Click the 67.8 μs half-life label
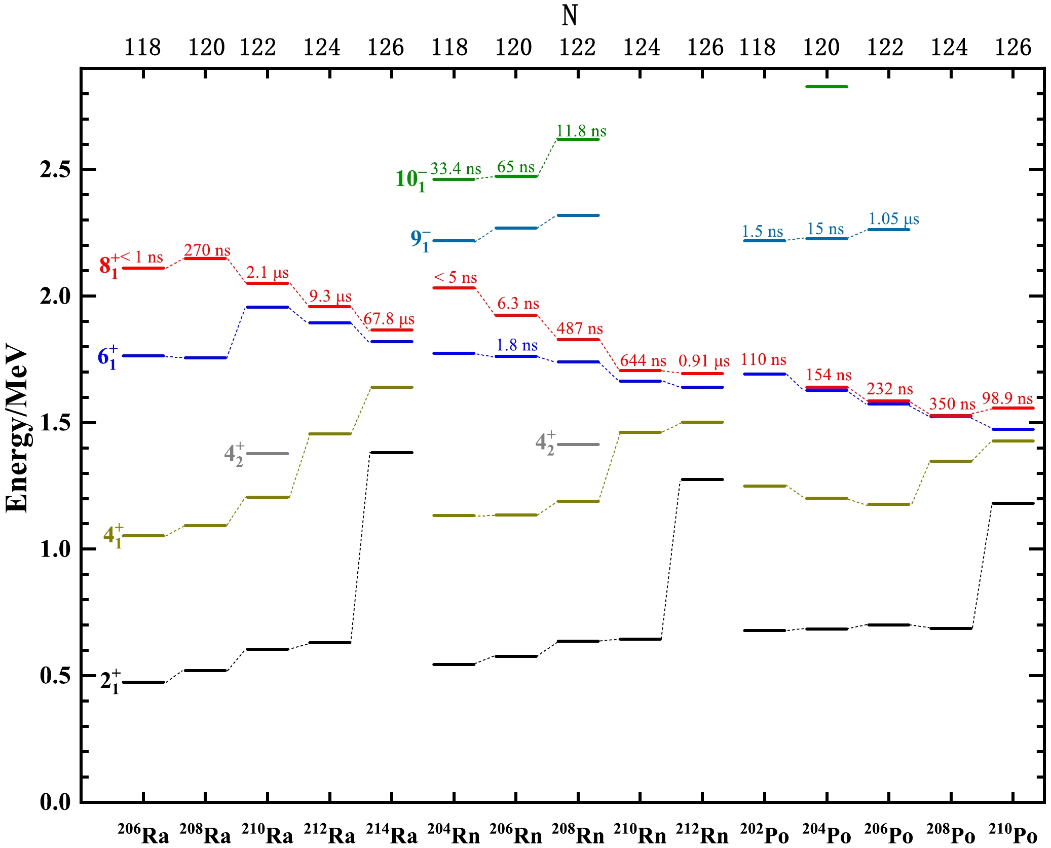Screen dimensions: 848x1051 point(389,319)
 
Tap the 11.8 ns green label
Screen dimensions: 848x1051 point(581,131)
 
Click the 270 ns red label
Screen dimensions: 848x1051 point(207,250)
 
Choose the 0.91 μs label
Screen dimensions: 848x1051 point(703,360)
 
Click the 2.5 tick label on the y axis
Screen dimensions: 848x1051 point(55,169)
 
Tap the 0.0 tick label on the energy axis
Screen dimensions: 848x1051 point(55,802)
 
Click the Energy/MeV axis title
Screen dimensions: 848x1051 point(17,428)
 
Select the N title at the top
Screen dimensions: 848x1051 point(570,16)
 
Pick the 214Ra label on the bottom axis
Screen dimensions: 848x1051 point(391,834)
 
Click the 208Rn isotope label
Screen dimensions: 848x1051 point(578,834)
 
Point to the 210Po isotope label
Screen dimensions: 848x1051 point(1012,834)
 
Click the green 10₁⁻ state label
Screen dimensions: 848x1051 point(410,179)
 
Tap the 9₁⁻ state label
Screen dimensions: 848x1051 point(420,240)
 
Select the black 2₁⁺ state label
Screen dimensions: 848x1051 point(110,681)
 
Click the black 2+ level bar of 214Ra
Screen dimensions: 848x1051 point(391,452)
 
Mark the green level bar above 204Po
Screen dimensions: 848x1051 point(827,87)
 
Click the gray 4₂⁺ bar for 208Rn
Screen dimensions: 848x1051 point(578,445)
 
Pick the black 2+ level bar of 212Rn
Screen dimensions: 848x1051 point(702,479)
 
